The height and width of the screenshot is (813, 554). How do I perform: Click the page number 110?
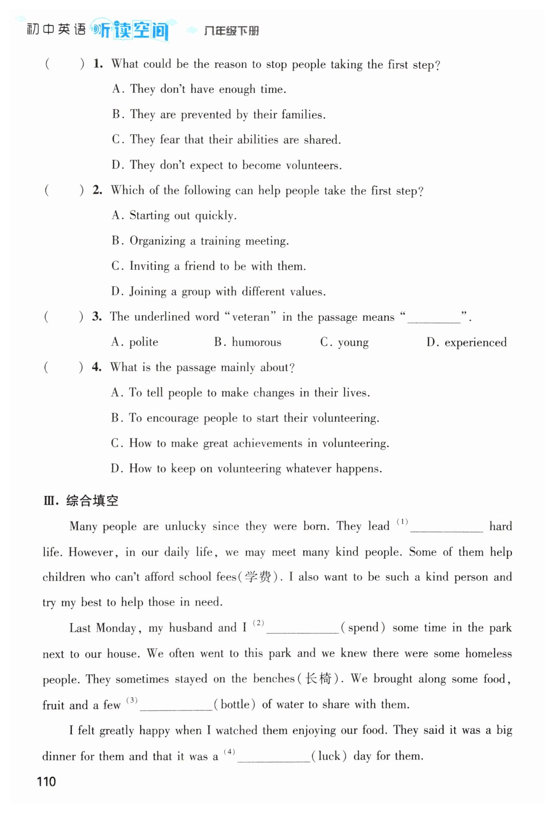[x=46, y=781]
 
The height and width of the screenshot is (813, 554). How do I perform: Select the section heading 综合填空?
[x=92, y=501]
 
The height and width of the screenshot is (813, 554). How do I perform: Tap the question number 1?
[x=98, y=64]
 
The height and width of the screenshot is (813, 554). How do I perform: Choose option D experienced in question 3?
[x=467, y=342]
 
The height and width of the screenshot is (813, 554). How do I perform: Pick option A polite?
[x=135, y=342]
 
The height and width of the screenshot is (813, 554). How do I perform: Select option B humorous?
[x=248, y=342]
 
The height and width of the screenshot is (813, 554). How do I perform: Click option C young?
[x=344, y=342]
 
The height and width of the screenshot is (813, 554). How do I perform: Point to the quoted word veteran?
[x=250, y=317]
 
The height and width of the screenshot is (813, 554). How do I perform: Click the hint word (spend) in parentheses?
[x=363, y=627]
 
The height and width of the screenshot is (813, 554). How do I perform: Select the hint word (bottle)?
[x=235, y=704]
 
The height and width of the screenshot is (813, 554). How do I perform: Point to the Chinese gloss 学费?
[x=258, y=577]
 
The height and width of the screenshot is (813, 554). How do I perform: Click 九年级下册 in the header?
[x=231, y=31]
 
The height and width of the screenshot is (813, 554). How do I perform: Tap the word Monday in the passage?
[x=116, y=628]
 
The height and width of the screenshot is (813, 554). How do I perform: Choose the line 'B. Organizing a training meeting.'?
[x=200, y=241]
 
